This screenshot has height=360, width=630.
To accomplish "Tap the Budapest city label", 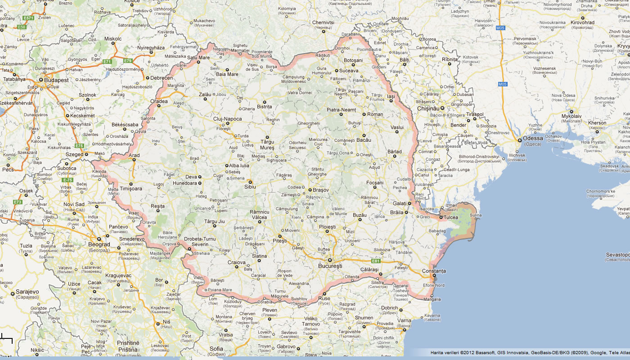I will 56,80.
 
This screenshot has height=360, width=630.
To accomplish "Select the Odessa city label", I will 532,138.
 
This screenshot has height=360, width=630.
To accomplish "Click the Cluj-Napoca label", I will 227,119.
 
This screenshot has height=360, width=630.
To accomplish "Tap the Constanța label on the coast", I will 434,271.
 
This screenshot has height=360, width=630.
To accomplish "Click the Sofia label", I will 216,348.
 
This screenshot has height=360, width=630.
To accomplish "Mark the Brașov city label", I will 321,190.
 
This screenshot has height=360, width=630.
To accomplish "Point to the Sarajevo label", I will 27,292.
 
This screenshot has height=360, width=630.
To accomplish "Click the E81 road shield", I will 376,261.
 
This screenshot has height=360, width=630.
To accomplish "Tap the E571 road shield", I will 29,18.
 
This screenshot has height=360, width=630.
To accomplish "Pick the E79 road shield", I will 128,60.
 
